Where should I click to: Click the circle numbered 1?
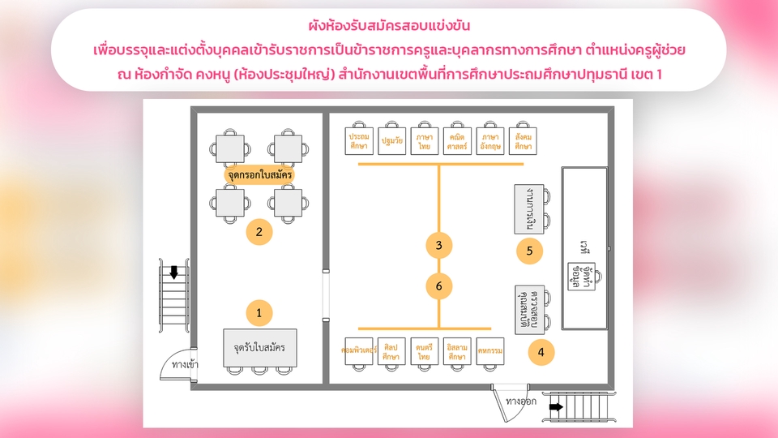tap(259, 311)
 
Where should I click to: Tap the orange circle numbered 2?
tap(259, 233)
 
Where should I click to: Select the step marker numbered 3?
tap(438, 245)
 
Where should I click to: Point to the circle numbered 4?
tap(541, 352)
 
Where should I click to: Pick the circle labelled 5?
tap(529, 251)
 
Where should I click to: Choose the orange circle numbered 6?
tap(438, 286)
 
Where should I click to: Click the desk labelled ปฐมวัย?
tap(391, 141)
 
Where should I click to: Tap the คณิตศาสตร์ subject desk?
tap(457, 141)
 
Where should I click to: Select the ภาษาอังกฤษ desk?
tap(490, 141)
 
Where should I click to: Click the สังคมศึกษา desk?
tap(524, 141)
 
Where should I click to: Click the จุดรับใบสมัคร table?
tap(259, 348)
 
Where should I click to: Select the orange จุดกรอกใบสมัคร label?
tap(259, 174)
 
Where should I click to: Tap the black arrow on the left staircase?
tap(173, 273)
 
